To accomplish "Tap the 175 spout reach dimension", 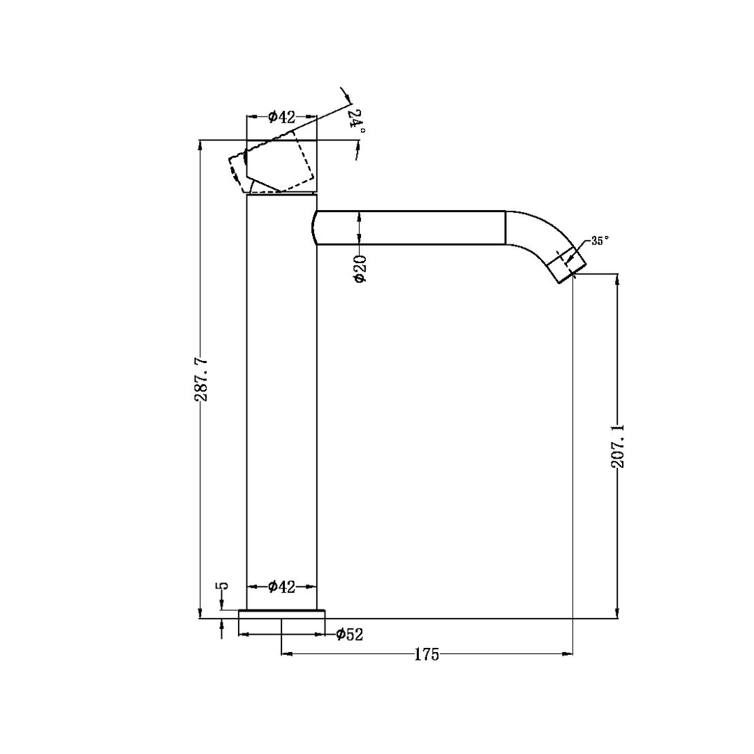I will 427,655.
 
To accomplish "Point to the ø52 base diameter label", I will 349,634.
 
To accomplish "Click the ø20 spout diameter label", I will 360,268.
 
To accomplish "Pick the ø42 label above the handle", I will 281,117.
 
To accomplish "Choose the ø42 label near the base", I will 281,586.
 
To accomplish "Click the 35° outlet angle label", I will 599,240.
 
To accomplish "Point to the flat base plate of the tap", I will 281,614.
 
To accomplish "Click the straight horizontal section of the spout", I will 419,228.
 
